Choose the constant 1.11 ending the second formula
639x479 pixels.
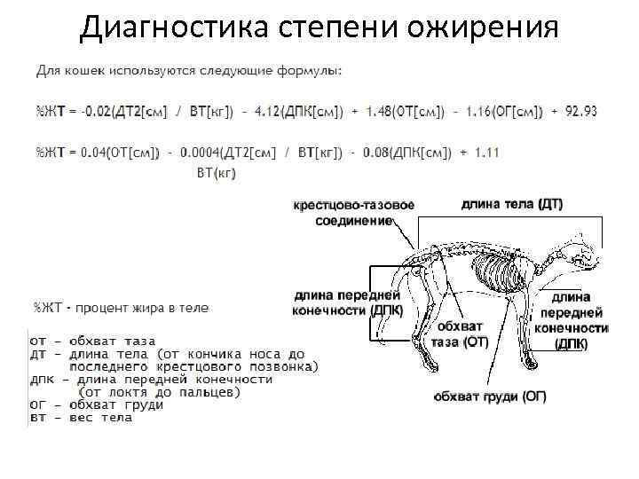click(x=486, y=153)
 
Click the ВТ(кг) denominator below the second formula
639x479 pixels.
click(x=216, y=173)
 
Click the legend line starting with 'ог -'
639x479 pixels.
click(x=97, y=404)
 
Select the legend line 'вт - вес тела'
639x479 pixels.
click(x=81, y=417)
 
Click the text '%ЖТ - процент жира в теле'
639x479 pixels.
click(x=122, y=308)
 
